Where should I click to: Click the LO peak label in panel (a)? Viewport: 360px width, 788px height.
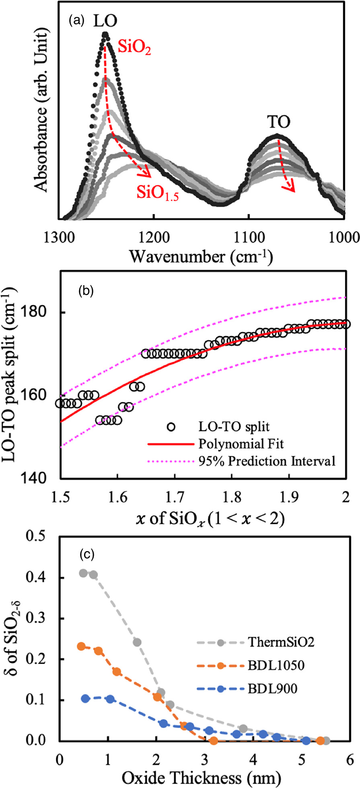point(105,21)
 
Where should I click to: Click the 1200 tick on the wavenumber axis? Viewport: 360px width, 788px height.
point(154,237)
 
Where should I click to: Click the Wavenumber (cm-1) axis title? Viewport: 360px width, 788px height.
point(200,256)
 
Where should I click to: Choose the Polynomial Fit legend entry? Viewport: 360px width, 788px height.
point(241,444)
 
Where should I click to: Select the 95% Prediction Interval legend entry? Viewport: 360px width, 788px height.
point(267,461)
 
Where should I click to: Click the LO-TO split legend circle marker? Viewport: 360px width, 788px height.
point(171,427)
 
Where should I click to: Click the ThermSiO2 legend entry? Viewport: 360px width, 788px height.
point(281,642)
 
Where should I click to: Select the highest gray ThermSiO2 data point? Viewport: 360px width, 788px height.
point(83,573)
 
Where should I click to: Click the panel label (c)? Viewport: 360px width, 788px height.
point(87,555)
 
